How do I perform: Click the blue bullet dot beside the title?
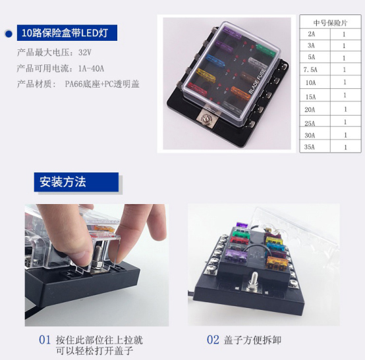point(9,34)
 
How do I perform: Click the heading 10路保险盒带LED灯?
point(65,33)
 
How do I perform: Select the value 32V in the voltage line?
point(85,53)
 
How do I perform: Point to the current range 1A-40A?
point(91,68)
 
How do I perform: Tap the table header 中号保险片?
point(330,23)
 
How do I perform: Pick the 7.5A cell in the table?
point(310,70)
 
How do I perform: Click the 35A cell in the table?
point(310,147)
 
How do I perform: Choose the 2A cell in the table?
point(311,34)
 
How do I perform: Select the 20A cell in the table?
point(310,109)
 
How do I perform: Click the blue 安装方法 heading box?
point(76,182)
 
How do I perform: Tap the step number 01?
point(45,340)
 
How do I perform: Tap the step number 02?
point(213,340)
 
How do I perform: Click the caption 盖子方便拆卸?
point(252,340)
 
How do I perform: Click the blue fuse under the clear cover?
point(215,61)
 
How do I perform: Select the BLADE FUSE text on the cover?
point(257,82)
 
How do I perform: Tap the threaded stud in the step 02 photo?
point(253,280)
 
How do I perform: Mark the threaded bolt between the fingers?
point(98,256)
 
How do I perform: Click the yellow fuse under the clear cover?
point(206,74)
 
